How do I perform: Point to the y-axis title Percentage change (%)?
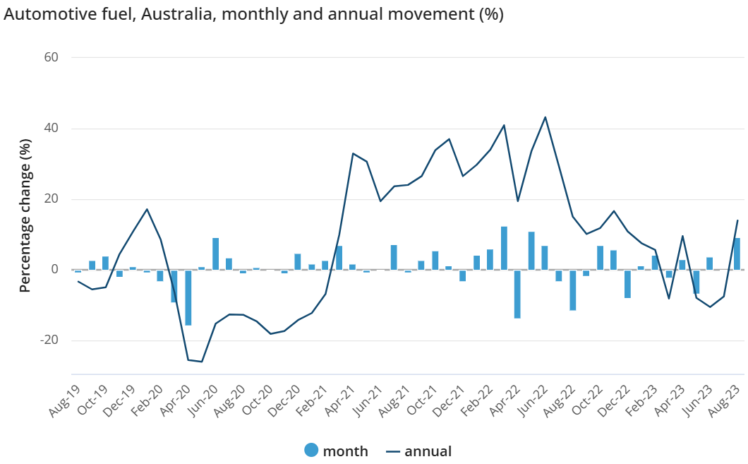click(x=25, y=215)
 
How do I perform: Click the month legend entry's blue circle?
click(x=311, y=451)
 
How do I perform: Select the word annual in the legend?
click(x=428, y=451)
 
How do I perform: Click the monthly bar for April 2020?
click(x=188, y=297)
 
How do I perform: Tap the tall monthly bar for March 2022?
click(x=504, y=248)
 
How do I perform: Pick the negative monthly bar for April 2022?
click(x=517, y=294)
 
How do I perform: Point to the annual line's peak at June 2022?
click(x=545, y=117)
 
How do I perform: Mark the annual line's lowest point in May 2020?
click(x=202, y=362)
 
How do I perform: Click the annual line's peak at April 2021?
click(x=353, y=153)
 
